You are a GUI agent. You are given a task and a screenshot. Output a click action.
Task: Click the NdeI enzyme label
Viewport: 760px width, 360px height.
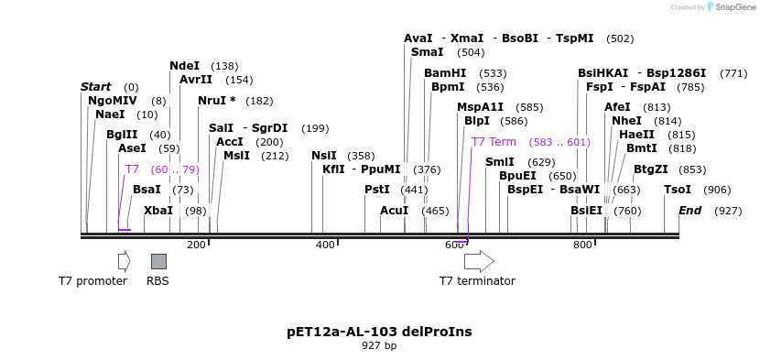point(184,66)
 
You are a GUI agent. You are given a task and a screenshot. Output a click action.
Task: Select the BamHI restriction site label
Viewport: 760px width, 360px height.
point(445,73)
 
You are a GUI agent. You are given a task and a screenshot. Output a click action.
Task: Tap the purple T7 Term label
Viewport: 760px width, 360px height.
point(494,142)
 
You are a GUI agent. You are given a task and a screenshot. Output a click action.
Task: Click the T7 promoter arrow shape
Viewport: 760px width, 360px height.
point(124,261)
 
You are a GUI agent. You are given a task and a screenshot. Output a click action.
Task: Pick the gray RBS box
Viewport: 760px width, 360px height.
point(158,261)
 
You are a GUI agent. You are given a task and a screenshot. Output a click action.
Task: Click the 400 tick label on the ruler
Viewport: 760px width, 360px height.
point(325,245)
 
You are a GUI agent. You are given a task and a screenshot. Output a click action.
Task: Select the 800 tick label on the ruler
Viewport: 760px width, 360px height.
point(583,245)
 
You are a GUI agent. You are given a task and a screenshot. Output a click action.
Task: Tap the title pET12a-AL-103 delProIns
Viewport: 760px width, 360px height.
point(379,332)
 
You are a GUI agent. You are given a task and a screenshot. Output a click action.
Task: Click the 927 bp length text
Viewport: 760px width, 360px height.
point(379,346)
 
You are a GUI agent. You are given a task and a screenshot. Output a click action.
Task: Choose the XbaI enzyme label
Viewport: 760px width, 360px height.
point(157,211)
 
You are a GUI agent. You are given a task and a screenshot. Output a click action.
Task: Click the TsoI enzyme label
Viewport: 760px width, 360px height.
point(678,190)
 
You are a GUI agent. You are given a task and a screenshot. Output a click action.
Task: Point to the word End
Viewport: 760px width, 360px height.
point(689,211)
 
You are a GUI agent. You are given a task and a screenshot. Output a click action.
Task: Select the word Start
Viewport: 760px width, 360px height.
point(95,87)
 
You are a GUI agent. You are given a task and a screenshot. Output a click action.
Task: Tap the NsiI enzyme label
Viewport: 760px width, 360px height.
point(324,156)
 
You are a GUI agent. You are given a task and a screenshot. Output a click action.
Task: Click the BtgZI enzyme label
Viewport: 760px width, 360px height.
point(650,169)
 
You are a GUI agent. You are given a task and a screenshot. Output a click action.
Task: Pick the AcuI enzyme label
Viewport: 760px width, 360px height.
point(395,211)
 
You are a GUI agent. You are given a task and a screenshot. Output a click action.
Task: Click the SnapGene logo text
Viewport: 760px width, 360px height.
point(731,7)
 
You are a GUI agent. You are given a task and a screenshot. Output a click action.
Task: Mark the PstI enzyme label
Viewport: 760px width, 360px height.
point(377,190)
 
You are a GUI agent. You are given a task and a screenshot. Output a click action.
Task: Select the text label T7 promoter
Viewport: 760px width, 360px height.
point(92,281)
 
